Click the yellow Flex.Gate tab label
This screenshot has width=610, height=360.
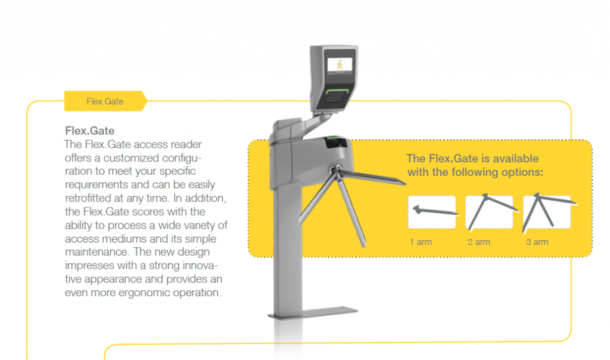click(x=105, y=101)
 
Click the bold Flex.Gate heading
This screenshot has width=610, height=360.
click(x=90, y=131)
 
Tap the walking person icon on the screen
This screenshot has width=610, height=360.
click(x=340, y=64)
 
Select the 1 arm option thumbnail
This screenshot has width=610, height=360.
click(x=432, y=212)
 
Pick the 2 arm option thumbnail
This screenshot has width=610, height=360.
click(x=490, y=212)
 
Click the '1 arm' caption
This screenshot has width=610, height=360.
click(x=421, y=242)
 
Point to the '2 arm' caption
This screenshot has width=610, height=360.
click(x=478, y=242)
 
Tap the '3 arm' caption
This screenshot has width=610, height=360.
click(x=537, y=242)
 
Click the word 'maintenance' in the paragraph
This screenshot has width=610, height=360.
click(x=97, y=252)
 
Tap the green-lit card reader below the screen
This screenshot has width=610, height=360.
click(x=337, y=96)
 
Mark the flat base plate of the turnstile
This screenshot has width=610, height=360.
click(x=313, y=312)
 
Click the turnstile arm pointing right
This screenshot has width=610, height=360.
click(x=372, y=177)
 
